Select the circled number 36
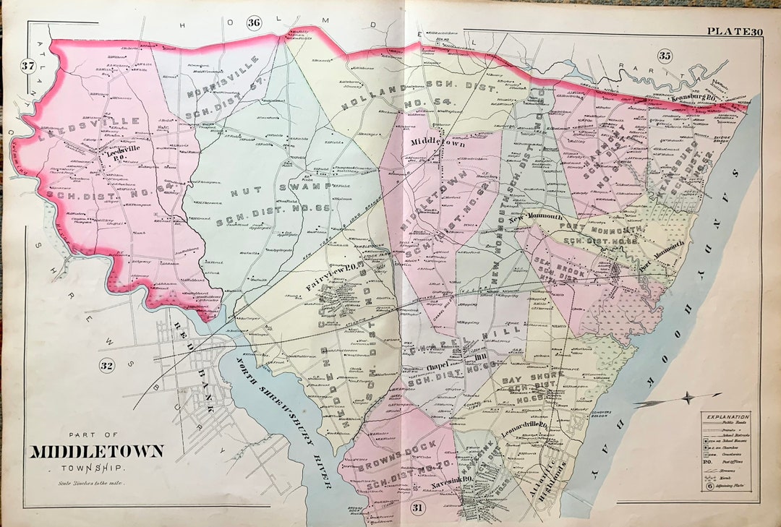253,22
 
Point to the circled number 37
28,67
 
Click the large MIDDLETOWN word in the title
96,452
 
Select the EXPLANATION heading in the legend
727,417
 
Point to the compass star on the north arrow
689,397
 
